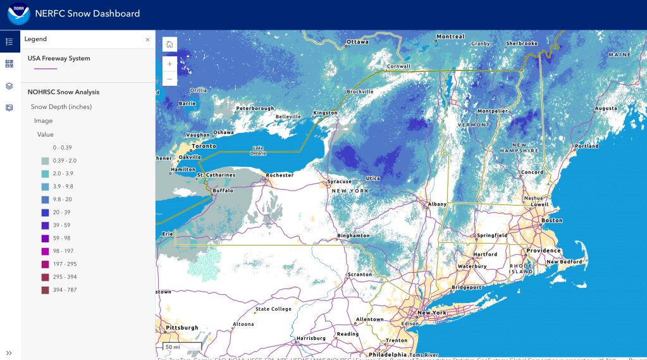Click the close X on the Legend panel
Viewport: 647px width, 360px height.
click(147, 39)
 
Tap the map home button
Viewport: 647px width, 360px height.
click(169, 44)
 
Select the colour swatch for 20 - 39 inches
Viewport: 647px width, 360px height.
click(46, 213)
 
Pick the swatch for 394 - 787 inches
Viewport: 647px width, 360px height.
click(46, 290)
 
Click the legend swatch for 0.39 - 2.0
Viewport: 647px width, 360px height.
click(46, 161)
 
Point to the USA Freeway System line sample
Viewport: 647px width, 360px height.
click(46, 68)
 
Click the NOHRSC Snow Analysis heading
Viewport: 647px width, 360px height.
click(63, 92)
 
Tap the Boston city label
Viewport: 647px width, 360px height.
click(551, 220)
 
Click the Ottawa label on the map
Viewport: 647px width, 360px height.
click(357, 42)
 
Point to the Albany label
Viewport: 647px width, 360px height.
click(437, 204)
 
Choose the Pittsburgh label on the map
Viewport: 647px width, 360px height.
click(182, 327)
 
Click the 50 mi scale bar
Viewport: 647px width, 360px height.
click(182, 347)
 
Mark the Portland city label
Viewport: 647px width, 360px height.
click(587, 146)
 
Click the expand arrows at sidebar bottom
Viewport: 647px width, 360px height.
click(9, 352)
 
